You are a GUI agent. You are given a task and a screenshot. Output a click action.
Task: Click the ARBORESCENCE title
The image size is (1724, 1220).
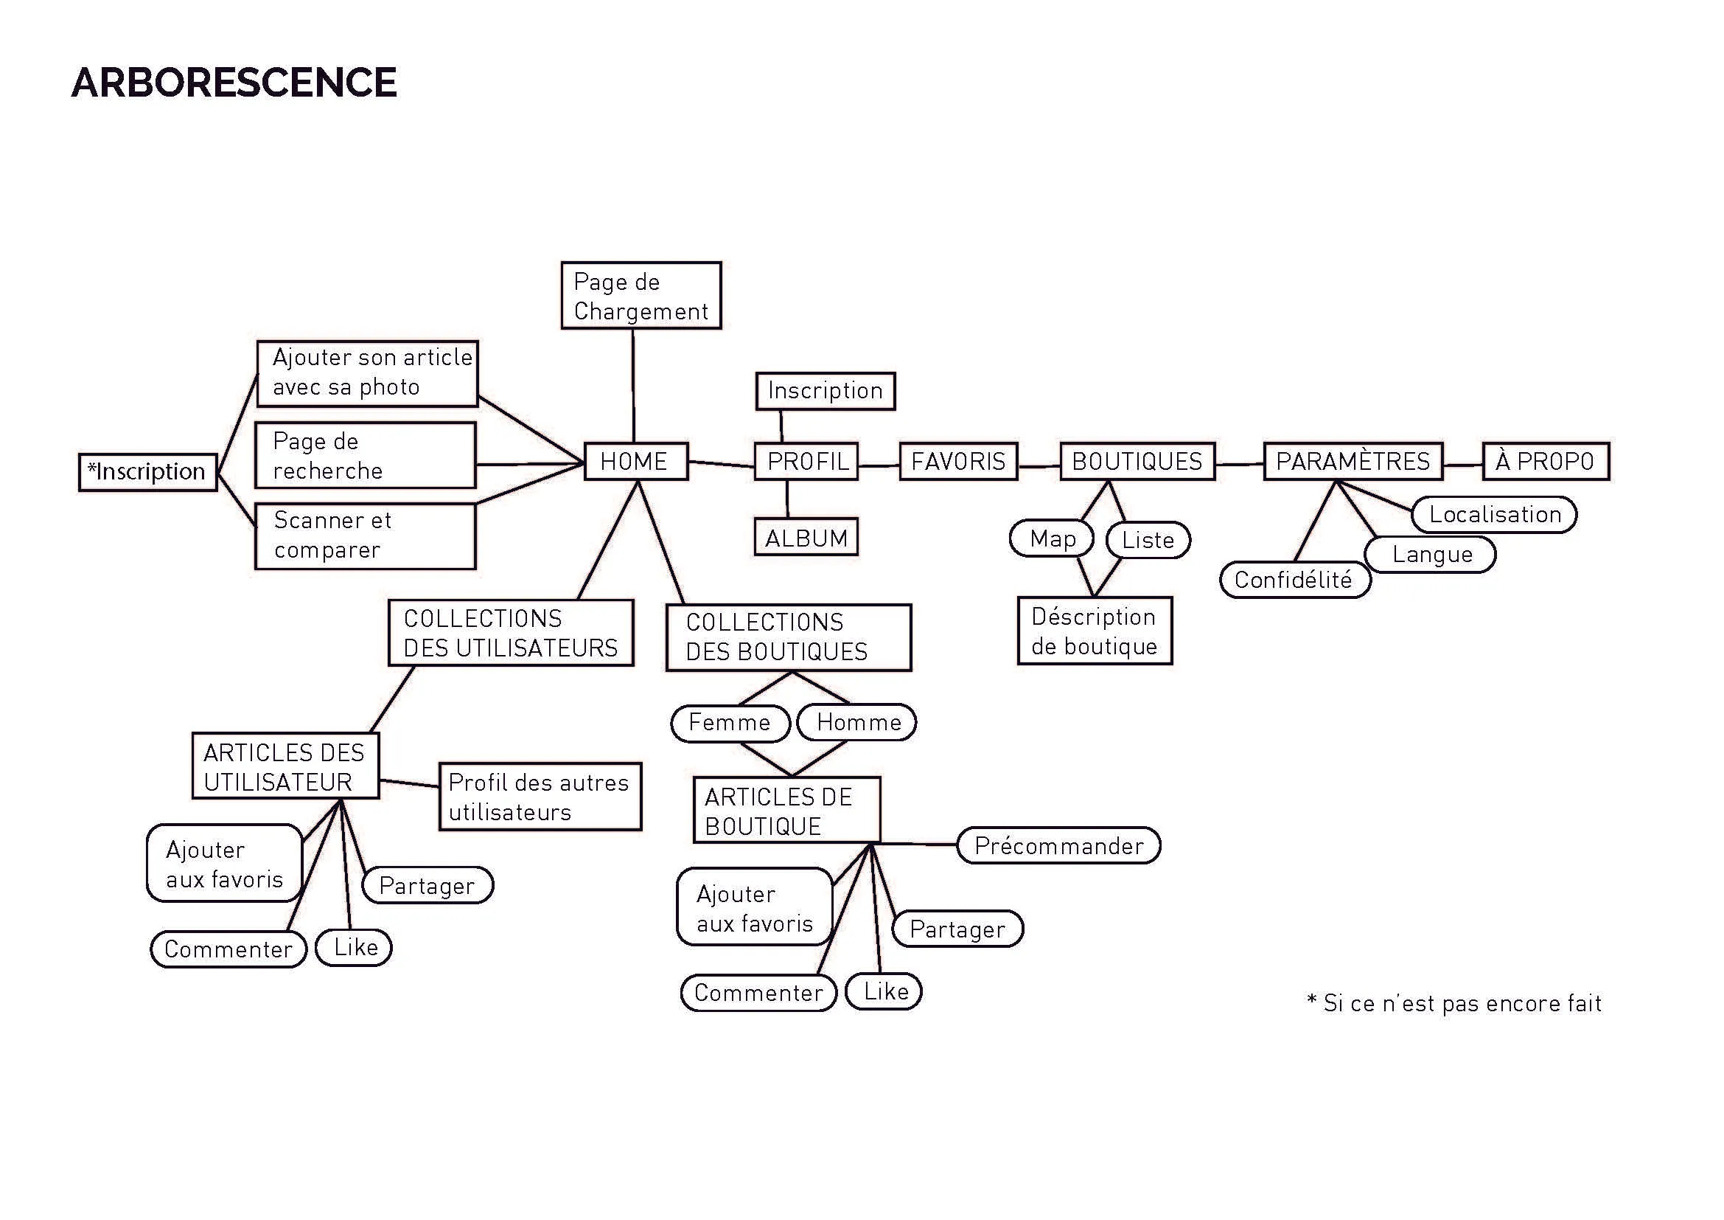234,83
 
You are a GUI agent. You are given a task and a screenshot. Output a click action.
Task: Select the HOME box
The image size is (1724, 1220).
636,461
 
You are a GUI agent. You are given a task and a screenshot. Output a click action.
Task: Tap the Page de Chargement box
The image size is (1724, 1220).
641,296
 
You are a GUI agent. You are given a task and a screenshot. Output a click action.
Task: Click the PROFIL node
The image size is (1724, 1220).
806,461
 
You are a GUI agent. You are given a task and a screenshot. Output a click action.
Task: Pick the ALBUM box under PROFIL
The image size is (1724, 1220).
806,537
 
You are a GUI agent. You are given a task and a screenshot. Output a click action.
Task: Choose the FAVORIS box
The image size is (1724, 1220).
958,461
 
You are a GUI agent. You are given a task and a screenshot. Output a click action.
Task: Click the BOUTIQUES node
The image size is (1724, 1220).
1137,461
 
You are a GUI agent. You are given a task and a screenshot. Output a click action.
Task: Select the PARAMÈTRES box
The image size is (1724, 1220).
1353,461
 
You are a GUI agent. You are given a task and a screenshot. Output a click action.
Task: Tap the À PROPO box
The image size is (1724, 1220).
1546,461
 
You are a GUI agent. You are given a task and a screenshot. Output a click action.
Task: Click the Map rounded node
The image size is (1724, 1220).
1051,538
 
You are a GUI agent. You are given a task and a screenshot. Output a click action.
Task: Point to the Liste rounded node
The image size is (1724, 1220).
1148,540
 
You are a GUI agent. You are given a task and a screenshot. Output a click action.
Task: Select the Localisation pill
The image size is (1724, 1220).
1494,515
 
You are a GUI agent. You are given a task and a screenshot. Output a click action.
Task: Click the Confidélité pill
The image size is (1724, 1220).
1295,580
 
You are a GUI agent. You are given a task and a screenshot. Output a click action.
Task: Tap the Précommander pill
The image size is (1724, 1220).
1058,846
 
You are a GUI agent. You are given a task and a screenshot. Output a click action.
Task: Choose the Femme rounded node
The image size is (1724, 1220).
730,723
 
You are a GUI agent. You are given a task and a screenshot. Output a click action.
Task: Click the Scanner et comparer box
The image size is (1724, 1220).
366,536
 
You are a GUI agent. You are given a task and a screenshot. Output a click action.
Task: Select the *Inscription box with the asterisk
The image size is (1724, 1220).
148,473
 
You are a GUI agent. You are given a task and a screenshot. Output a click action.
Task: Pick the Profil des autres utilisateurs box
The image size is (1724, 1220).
540,797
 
